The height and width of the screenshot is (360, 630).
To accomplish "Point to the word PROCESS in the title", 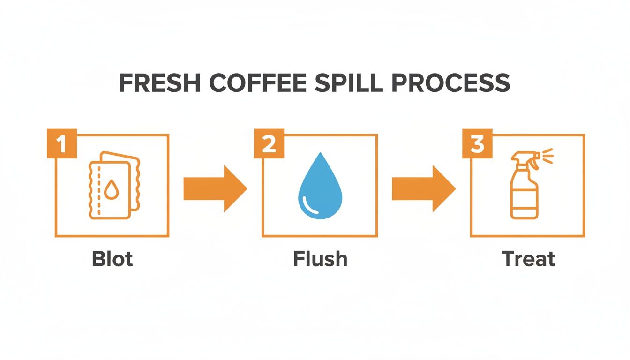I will (450, 83).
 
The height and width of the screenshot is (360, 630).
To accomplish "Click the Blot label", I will (112, 259).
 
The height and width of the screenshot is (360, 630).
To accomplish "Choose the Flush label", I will (320, 259).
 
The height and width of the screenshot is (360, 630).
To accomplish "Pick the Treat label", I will (528, 259).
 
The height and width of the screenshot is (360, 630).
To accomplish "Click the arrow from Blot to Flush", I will (215, 188).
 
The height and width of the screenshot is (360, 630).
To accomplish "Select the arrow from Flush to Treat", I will (423, 188).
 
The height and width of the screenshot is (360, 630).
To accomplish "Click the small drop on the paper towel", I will (111, 190).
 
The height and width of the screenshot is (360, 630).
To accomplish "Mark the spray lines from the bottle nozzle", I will (547, 156).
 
